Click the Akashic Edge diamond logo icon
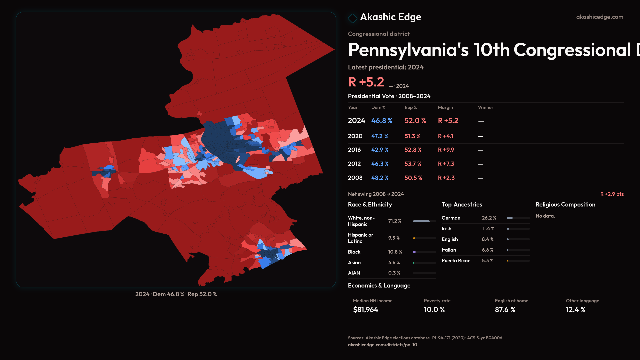pyautogui.click(x=352, y=18)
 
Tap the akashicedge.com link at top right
pyautogui.click(x=599, y=17)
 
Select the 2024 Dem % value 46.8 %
pyautogui.click(x=382, y=121)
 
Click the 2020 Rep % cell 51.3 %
pyautogui.click(x=412, y=136)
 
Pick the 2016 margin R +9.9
pyautogui.click(x=446, y=150)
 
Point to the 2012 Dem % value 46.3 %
pyautogui.click(x=380, y=164)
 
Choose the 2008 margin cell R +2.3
pyautogui.click(x=446, y=178)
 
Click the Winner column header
pyautogui.click(x=485, y=107)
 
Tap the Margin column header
pyautogui.click(x=445, y=107)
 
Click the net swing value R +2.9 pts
pyautogui.click(x=612, y=194)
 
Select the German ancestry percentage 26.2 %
pyautogui.click(x=489, y=218)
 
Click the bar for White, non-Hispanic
pyautogui.click(x=424, y=221)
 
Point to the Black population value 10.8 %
pyautogui.click(x=395, y=252)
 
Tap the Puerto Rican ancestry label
pyautogui.click(x=456, y=261)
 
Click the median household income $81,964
pyautogui.click(x=365, y=310)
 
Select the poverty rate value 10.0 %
pyautogui.click(x=434, y=310)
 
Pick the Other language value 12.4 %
pyautogui.click(x=575, y=310)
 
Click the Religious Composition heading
pyautogui.click(x=565, y=205)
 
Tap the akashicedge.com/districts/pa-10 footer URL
pyautogui.click(x=382, y=345)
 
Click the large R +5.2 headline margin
pyautogui.click(x=366, y=82)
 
